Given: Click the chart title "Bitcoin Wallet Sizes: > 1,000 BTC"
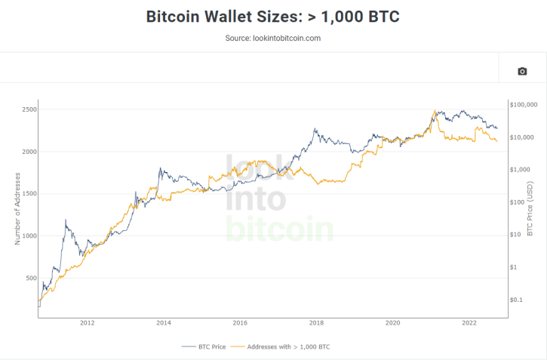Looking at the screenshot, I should [x=273, y=17].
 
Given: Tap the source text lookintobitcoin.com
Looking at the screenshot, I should [x=273, y=38].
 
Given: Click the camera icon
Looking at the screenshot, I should [x=522, y=71].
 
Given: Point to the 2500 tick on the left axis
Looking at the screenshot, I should [x=29, y=109].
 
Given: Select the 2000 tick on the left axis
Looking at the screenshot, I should [x=29, y=152].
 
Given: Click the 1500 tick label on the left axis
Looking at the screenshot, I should [x=29, y=194].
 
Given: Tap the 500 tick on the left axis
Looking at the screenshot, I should [x=30, y=278].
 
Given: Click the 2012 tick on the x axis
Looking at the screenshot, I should [x=87, y=323].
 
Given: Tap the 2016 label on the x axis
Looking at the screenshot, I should [x=240, y=323].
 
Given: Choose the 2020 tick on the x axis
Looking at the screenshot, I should [x=392, y=323].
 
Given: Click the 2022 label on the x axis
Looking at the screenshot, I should [x=469, y=323].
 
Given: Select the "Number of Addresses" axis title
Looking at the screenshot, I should [x=17, y=208].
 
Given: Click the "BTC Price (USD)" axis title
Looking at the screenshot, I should [x=530, y=208].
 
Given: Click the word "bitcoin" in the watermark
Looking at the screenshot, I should [x=279, y=229].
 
